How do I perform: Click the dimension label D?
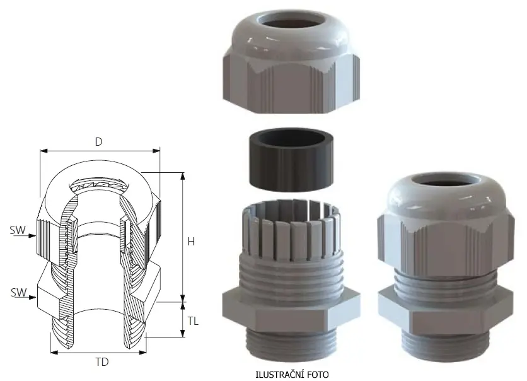click(x=98, y=141)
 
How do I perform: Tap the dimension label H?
click(x=191, y=242)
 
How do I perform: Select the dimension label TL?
click(x=193, y=321)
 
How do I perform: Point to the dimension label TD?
click(x=102, y=362)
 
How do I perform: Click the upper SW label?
click(x=18, y=230)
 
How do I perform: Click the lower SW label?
click(x=18, y=292)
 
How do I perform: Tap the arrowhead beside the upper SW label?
click(x=32, y=236)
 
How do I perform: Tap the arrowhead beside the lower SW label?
click(x=33, y=297)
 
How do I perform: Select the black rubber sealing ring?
click(x=291, y=159)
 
